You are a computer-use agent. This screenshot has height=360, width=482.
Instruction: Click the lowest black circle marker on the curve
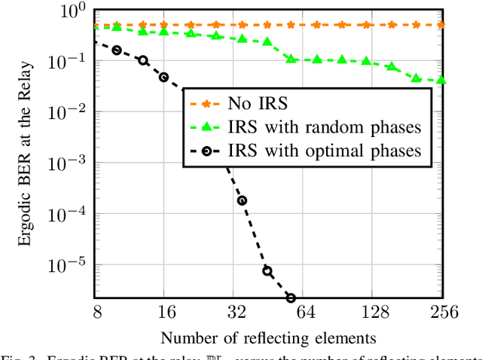coord(291,298)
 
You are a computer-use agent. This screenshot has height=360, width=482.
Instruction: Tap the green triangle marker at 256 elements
coord(441,80)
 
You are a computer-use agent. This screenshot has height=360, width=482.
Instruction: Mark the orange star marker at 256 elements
coord(441,25)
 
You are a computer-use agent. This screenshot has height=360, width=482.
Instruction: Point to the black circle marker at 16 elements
coord(164,77)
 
